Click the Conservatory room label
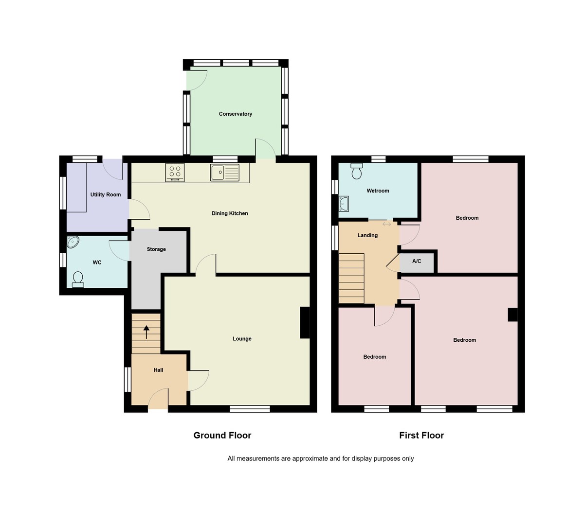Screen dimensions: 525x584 (x=236, y=114)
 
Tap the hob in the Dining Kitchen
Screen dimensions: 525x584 (x=175, y=172)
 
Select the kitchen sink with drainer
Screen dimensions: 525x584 (x=225, y=172)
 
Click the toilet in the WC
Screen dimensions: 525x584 (x=78, y=279)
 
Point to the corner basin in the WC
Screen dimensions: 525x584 (x=73, y=242)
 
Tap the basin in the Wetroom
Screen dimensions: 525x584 (x=344, y=204)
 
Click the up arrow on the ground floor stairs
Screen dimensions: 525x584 (x=146, y=332)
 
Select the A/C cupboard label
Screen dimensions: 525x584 (x=417, y=262)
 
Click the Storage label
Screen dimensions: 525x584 (x=156, y=249)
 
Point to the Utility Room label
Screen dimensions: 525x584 (x=106, y=195)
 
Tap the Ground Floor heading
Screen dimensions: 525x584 (x=222, y=436)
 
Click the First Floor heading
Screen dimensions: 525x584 (x=421, y=436)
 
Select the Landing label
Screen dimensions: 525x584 (x=367, y=235)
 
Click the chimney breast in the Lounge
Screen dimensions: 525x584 (x=305, y=322)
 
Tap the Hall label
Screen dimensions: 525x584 (x=158, y=370)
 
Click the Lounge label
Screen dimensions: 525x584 (x=242, y=339)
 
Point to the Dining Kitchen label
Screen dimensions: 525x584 (x=230, y=213)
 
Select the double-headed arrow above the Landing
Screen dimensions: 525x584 (x=387, y=224)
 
